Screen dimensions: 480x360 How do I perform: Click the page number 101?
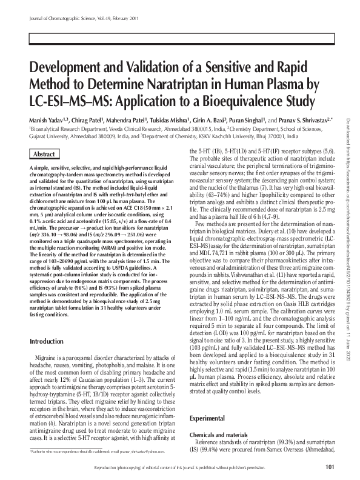click(x=330, y=467)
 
